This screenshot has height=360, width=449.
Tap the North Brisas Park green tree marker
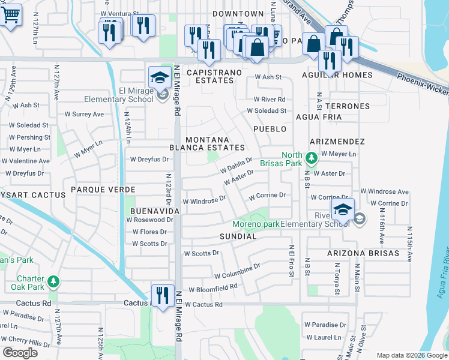(x=310, y=158)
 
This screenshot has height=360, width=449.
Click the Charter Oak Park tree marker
(x=53, y=281)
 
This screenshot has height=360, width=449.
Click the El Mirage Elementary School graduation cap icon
(x=159, y=77)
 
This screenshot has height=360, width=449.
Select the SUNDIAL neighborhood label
(x=238, y=236)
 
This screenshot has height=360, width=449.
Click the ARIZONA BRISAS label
(x=363, y=253)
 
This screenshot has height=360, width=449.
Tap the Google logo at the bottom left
(x=20, y=352)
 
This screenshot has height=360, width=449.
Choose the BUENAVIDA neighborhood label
(x=155, y=212)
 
